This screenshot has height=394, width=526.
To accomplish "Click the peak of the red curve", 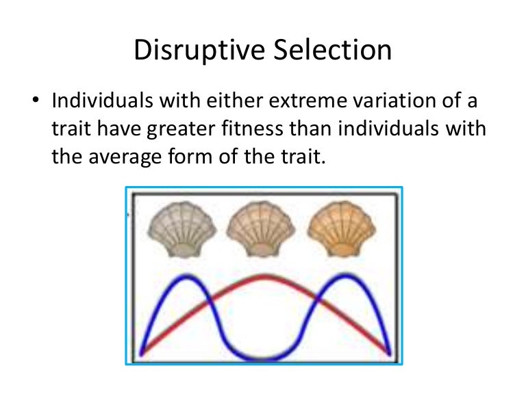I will pos(264,276).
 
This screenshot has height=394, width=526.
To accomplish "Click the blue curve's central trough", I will pos(264,358).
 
